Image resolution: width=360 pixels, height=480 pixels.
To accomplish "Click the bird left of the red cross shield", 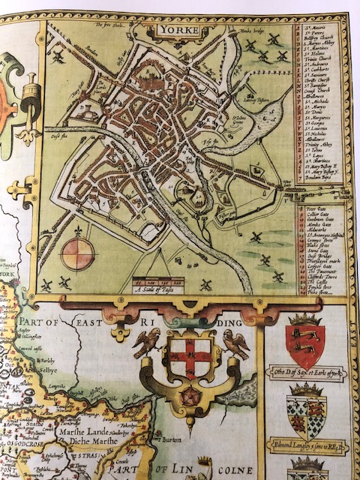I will (x=146, y=341).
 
